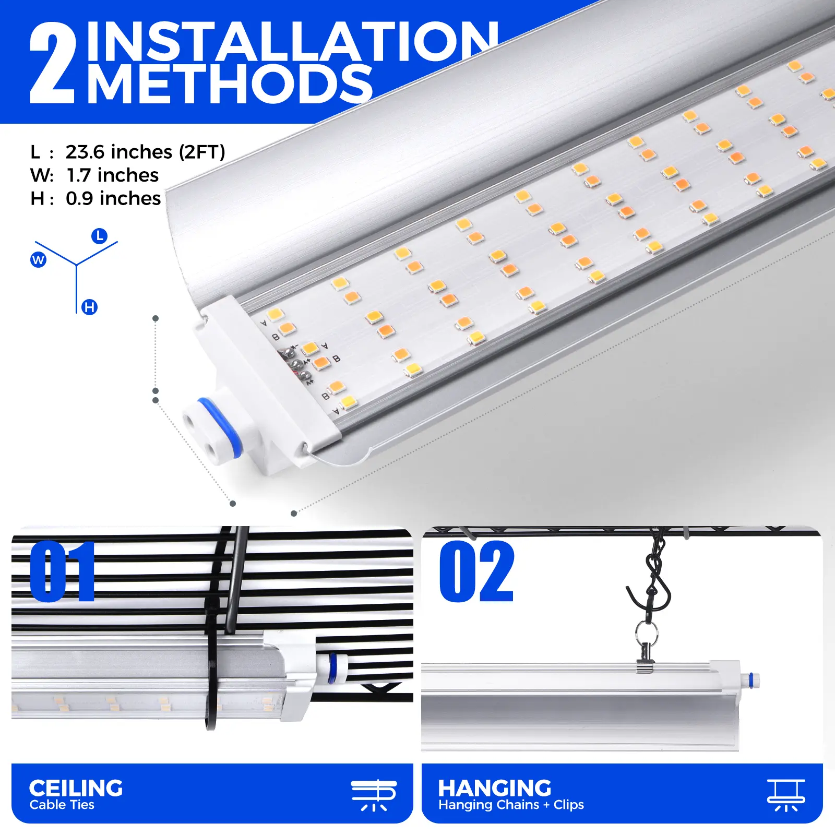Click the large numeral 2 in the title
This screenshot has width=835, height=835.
(x=53, y=63)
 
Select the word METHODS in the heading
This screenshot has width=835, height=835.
(x=230, y=83)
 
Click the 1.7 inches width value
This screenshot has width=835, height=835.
(x=113, y=175)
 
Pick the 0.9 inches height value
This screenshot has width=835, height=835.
(x=113, y=198)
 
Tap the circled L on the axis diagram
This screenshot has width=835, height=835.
(x=99, y=236)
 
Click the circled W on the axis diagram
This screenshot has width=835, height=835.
(x=38, y=259)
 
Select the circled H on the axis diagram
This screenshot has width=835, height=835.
(x=90, y=307)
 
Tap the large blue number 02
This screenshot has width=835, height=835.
(x=476, y=571)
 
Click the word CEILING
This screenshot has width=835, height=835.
(x=76, y=788)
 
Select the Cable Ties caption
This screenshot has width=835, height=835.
(x=62, y=805)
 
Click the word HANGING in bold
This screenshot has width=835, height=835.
(x=495, y=788)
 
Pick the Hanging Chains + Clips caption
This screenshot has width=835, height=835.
(x=511, y=805)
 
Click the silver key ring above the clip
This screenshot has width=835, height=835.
(x=647, y=633)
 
